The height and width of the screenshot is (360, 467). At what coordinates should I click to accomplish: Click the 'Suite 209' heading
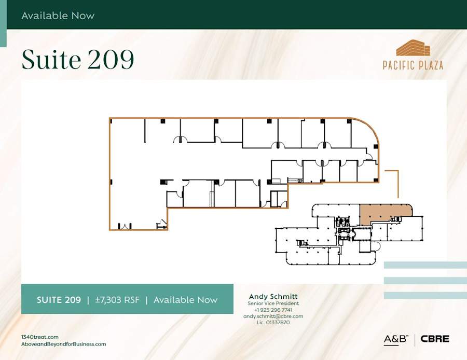[77, 60]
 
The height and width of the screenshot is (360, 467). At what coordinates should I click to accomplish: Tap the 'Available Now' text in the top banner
[58, 16]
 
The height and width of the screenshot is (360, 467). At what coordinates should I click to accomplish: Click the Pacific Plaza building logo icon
[413, 48]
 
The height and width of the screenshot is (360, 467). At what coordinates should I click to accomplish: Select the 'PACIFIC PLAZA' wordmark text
[413, 65]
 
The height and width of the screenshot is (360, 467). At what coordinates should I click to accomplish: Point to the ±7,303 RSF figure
[117, 300]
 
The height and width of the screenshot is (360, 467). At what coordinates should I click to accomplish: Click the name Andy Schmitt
[273, 296]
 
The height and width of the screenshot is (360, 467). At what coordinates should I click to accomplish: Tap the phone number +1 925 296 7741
[273, 310]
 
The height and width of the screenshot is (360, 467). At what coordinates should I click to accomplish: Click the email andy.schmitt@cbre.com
[273, 316]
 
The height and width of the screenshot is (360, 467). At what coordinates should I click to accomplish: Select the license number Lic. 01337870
[273, 322]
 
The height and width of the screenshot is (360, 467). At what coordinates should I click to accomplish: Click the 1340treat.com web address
[40, 337]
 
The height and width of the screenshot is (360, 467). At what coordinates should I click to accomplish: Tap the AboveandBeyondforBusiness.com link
[63, 344]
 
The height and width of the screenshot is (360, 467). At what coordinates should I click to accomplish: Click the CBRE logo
[435, 339]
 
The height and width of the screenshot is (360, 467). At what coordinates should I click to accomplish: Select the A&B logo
[396, 339]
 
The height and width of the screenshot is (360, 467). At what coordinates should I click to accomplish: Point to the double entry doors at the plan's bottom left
[123, 226]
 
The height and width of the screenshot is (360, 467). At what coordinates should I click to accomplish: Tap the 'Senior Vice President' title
[273, 303]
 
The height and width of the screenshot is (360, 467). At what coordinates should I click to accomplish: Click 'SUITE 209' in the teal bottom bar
[59, 300]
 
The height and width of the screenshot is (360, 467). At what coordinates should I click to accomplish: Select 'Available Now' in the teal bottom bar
[185, 300]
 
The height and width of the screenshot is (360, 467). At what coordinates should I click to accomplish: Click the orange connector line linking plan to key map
[397, 182]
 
